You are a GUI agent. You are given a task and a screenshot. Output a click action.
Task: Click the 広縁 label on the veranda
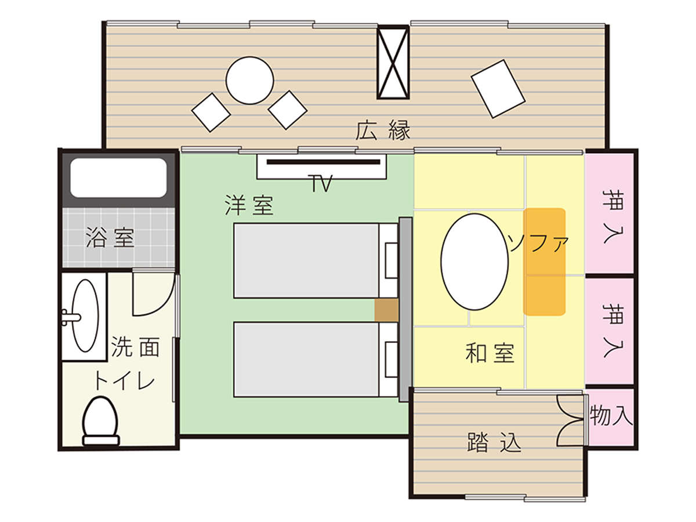pos(383,130)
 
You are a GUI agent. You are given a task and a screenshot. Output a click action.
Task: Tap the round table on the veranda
pos(249,81)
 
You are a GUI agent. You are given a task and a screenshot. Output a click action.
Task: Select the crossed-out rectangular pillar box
pos(393,63)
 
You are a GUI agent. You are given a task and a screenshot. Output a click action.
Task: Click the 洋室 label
pos(249,205)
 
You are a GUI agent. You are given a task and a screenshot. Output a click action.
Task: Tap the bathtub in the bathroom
pos(118,177)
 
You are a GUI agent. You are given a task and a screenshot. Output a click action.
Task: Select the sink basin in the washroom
pos(85,316)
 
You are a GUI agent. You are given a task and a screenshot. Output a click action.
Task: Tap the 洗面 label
pos(135,347)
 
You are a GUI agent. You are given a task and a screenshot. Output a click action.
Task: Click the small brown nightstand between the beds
pos(386,310)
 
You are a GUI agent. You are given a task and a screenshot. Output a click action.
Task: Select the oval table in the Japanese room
pos(474,262)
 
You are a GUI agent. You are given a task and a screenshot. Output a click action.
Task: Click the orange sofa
pos(544,262)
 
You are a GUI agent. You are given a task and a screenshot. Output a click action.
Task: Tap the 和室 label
pos(490,353)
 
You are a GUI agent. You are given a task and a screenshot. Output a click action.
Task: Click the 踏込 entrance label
pos(494,442)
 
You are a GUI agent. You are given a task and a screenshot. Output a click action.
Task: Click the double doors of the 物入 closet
pos(570,419)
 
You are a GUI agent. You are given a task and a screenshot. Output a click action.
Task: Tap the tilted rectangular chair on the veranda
pos(498,89)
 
